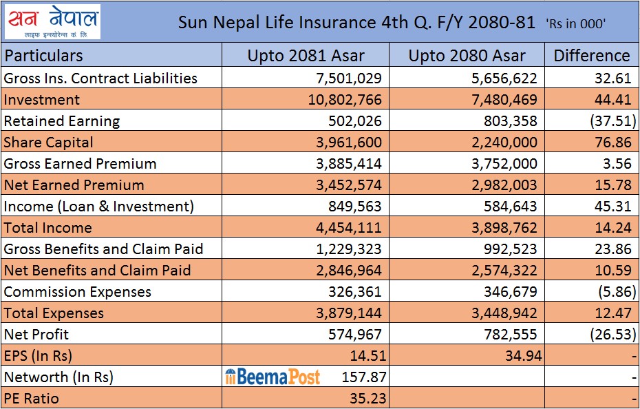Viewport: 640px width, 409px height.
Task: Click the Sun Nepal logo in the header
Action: (x=53, y=22)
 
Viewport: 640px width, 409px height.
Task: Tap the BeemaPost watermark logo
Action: (x=273, y=377)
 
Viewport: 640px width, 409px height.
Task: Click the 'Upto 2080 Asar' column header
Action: (x=467, y=56)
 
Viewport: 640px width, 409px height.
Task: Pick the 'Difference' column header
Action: (x=592, y=56)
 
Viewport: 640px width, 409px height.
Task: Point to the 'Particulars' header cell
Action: (x=43, y=56)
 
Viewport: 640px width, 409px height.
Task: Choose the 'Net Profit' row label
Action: (x=36, y=335)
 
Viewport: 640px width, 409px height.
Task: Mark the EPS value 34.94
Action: (x=520, y=356)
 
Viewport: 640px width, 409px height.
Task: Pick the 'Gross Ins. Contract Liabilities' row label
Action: (x=100, y=78)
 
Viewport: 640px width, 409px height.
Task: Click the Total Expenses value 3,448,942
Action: (x=498, y=313)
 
